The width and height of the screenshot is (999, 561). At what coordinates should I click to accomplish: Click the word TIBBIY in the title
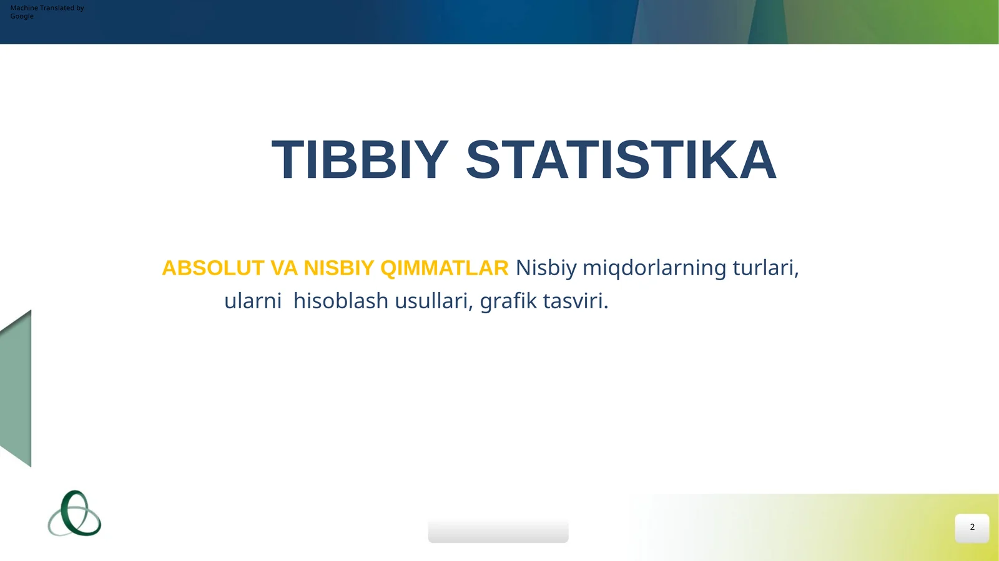pos(360,160)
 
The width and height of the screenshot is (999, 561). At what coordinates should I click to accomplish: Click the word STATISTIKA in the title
pos(621,160)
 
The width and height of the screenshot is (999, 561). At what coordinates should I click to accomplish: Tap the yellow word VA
pos(284,268)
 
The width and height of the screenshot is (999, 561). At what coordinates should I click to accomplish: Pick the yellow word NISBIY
pos(338,268)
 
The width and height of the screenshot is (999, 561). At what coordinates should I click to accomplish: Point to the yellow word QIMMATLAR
pos(444,268)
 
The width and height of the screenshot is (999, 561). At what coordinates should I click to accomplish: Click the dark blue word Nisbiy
pos(546,268)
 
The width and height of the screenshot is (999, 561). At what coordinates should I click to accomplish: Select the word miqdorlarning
pos(654,268)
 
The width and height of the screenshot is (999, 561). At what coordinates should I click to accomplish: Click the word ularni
pos(253,301)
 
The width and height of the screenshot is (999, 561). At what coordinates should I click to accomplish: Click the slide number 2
pos(972,527)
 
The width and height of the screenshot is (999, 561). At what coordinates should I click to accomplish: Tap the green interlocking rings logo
pos(74,514)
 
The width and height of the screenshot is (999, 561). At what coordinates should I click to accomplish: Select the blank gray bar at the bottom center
pos(498,531)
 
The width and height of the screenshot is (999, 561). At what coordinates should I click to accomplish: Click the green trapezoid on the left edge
pos(16,388)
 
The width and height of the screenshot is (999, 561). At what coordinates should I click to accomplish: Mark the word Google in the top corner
pos(22,16)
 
